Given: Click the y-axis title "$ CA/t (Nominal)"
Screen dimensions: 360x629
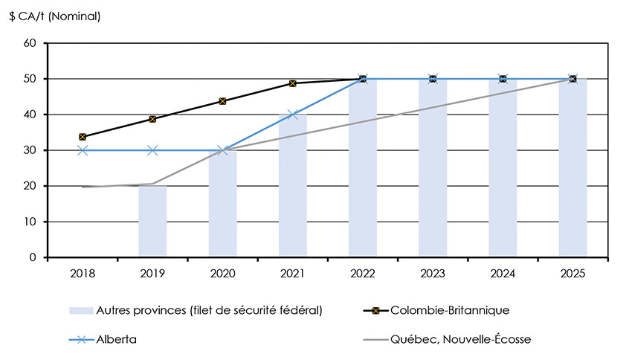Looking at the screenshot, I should coord(56,16).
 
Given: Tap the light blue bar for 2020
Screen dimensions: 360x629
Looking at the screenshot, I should coord(222,204).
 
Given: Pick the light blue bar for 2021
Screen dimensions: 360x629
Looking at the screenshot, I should coord(292,186).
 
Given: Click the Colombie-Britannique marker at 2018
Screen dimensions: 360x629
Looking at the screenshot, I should coord(83,137).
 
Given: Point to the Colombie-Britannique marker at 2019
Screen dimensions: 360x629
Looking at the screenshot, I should coord(152,119).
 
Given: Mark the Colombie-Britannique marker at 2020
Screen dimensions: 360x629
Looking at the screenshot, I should coord(222,101).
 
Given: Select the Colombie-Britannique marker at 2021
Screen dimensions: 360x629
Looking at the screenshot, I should coord(292,83).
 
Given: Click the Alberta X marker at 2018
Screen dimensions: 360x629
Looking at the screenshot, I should coord(83,150).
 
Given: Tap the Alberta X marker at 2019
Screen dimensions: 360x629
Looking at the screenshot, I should coord(152,150).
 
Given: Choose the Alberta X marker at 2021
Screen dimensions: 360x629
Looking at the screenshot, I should coord(292,115).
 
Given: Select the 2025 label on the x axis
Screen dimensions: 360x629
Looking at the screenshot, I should coord(572,273).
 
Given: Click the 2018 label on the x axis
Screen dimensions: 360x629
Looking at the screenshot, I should coord(83,273).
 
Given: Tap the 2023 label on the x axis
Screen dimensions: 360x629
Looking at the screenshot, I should coord(433,273).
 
